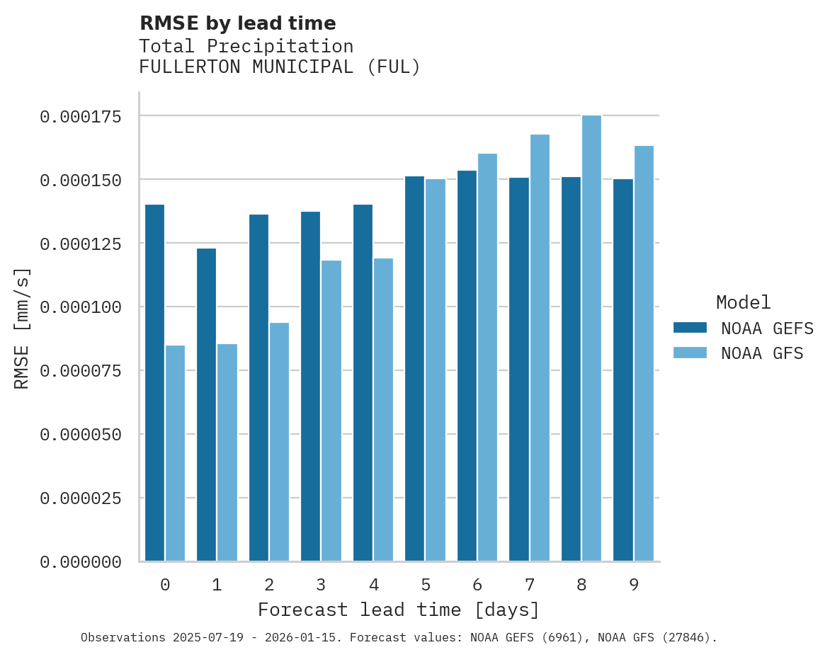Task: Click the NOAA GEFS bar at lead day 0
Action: coord(154,382)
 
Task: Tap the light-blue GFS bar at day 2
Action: coord(279,442)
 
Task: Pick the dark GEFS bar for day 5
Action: coord(414,368)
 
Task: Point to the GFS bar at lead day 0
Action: coord(175,453)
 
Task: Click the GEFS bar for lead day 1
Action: coord(206,404)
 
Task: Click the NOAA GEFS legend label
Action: coord(762,328)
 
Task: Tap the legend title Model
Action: coord(743,302)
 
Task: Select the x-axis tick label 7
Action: coord(529,585)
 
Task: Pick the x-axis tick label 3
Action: coord(321,585)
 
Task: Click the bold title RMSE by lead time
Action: coord(237,23)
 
